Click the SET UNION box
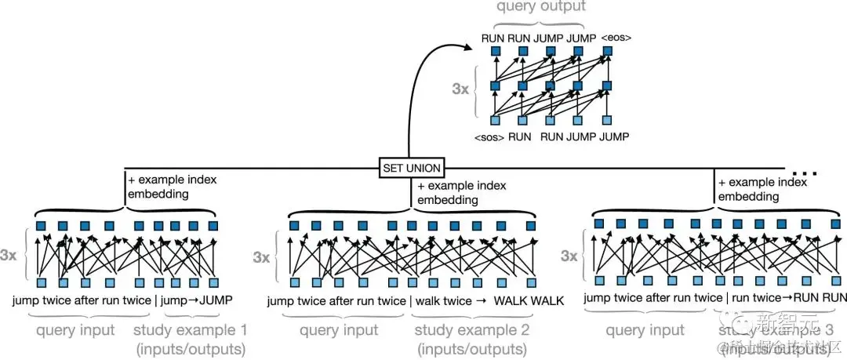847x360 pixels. tap(412, 167)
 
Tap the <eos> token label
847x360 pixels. tap(616, 36)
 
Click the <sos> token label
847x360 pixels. tap(488, 137)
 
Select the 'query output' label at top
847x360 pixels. tap(540, 7)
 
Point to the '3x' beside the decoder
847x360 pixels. tap(461, 89)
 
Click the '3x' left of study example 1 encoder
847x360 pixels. tap(9, 254)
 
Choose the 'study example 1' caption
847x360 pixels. tap(190, 330)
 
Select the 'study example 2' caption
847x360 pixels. tap(471, 330)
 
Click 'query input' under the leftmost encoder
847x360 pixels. tap(76, 330)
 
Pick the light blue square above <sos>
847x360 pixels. tap(495, 120)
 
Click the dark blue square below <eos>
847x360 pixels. tap(606, 52)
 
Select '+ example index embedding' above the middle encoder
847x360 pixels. tap(462, 193)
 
